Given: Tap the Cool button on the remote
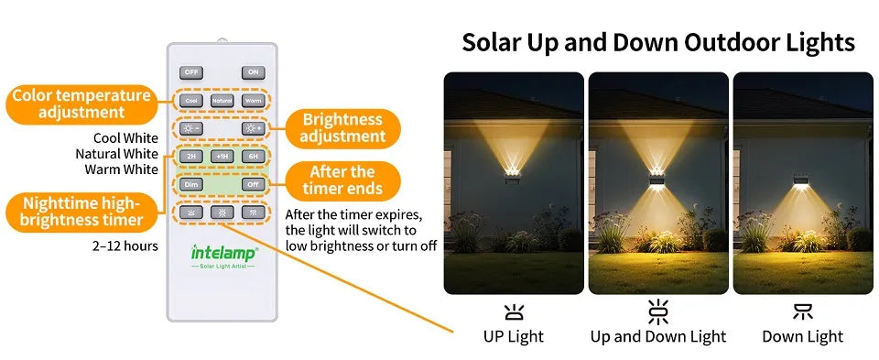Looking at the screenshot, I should click(191, 101).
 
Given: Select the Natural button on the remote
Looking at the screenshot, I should click(222, 101).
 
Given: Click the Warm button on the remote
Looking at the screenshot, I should click(253, 101).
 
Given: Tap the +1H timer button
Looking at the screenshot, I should click(222, 157).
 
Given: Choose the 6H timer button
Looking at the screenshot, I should click(253, 157).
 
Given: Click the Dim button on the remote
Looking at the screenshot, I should click(191, 184).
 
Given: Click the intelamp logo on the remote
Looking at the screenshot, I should click(223, 252).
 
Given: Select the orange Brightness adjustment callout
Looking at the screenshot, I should click(343, 128).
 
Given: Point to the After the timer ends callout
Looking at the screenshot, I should click(342, 180).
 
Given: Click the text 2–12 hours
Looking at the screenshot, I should click(125, 245).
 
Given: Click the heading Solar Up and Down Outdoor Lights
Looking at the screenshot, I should click(657, 42).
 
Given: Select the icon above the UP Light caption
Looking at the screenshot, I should click(513, 311).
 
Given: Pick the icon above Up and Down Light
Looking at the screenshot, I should click(657, 311).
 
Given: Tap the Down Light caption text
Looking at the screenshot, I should click(802, 336).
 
